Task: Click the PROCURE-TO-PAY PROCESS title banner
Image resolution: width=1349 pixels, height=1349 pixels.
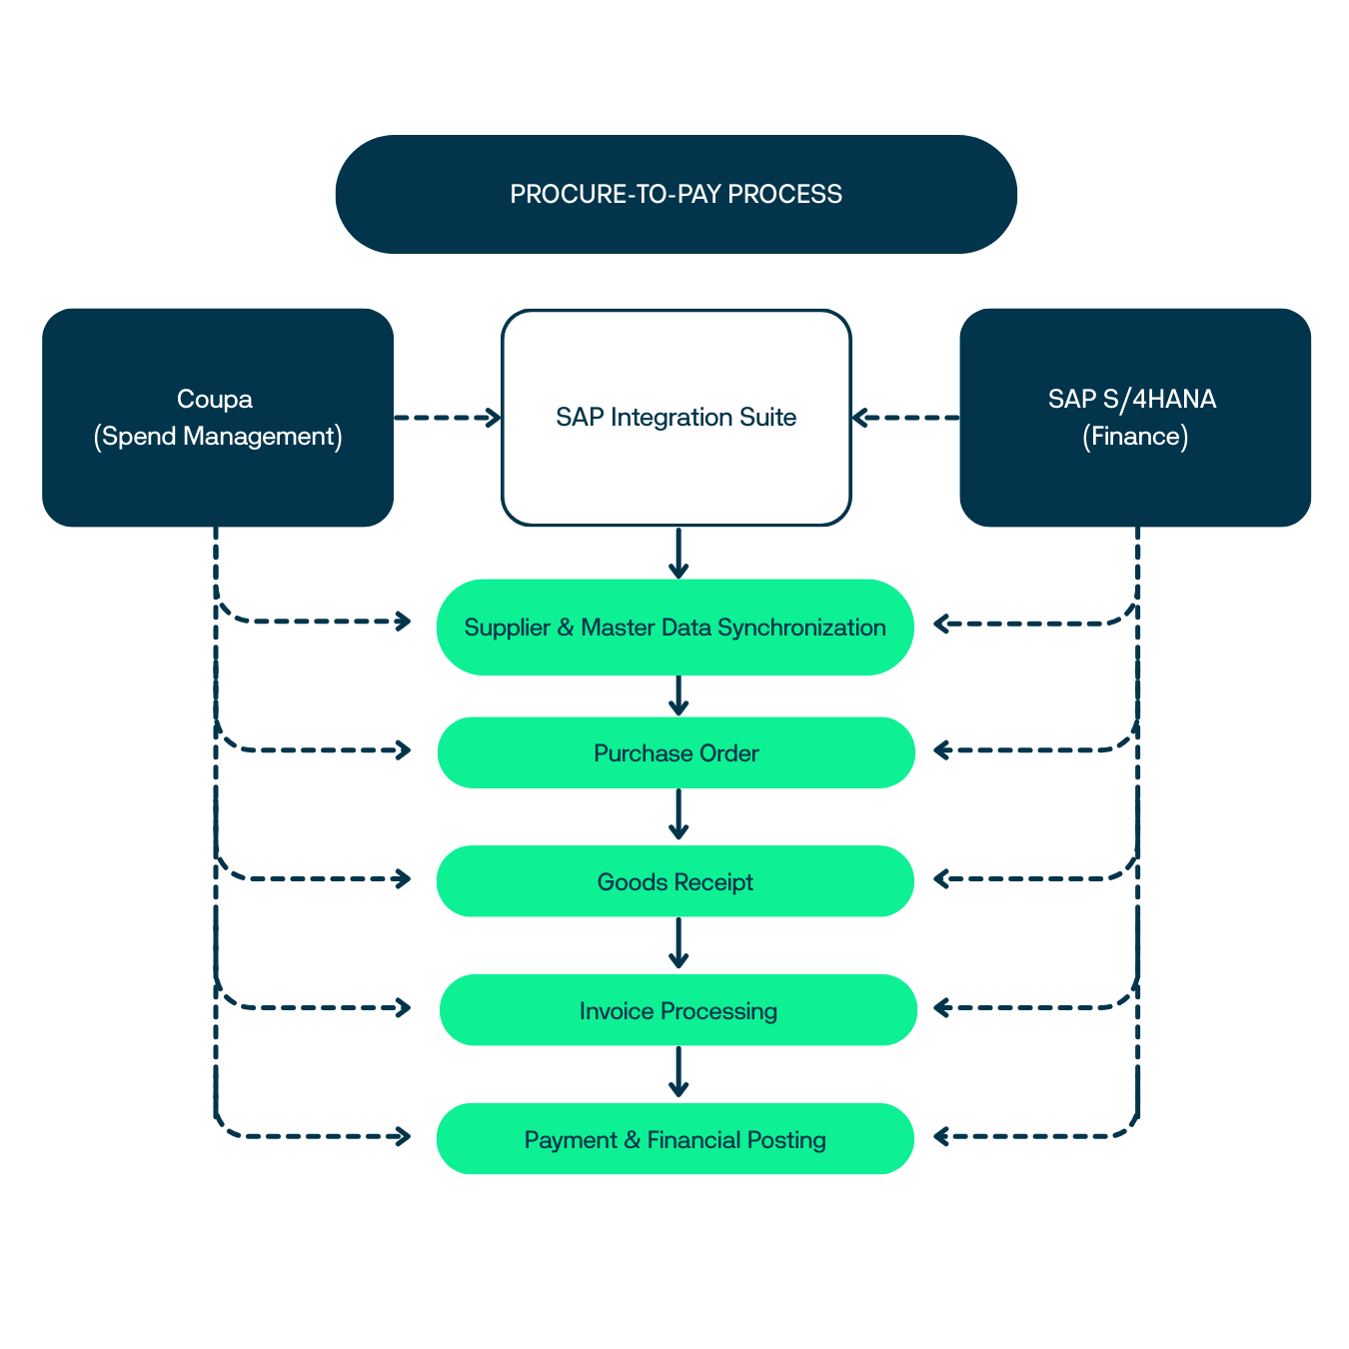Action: click(x=675, y=194)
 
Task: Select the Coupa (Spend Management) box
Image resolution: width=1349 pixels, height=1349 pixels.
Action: click(x=218, y=418)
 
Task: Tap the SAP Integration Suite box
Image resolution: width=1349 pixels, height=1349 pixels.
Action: click(x=675, y=418)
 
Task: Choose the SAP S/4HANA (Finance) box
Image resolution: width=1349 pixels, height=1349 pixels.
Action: click(x=1134, y=418)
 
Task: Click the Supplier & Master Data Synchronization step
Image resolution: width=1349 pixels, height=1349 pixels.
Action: click(x=674, y=628)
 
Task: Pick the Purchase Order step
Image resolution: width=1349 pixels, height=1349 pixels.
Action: click(x=675, y=752)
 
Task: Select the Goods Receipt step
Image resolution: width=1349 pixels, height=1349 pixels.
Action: click(x=674, y=881)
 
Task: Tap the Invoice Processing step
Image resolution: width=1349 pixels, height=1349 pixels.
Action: click(x=677, y=1010)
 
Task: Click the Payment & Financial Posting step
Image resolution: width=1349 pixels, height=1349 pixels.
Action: click(x=674, y=1139)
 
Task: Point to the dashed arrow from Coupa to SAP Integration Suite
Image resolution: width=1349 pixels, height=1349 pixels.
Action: click(x=447, y=418)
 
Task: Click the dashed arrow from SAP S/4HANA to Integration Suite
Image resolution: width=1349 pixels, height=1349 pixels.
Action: click(x=905, y=418)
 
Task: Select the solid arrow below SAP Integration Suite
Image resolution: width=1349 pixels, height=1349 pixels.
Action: click(x=678, y=553)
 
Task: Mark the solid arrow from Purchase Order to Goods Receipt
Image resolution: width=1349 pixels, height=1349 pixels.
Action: click(x=678, y=814)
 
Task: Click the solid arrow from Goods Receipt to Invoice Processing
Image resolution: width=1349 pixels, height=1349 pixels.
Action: click(x=678, y=943)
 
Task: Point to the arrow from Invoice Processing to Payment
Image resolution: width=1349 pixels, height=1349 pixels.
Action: click(x=678, y=1072)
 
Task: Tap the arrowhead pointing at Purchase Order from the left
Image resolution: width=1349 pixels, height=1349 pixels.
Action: click(x=404, y=750)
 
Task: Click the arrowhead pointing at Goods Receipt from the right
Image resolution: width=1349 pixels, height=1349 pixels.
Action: click(x=941, y=879)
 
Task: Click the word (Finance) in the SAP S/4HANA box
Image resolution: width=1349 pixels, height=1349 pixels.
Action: click(x=1134, y=437)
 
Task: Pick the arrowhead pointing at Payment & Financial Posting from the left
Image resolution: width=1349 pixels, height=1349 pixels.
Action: click(x=404, y=1136)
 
